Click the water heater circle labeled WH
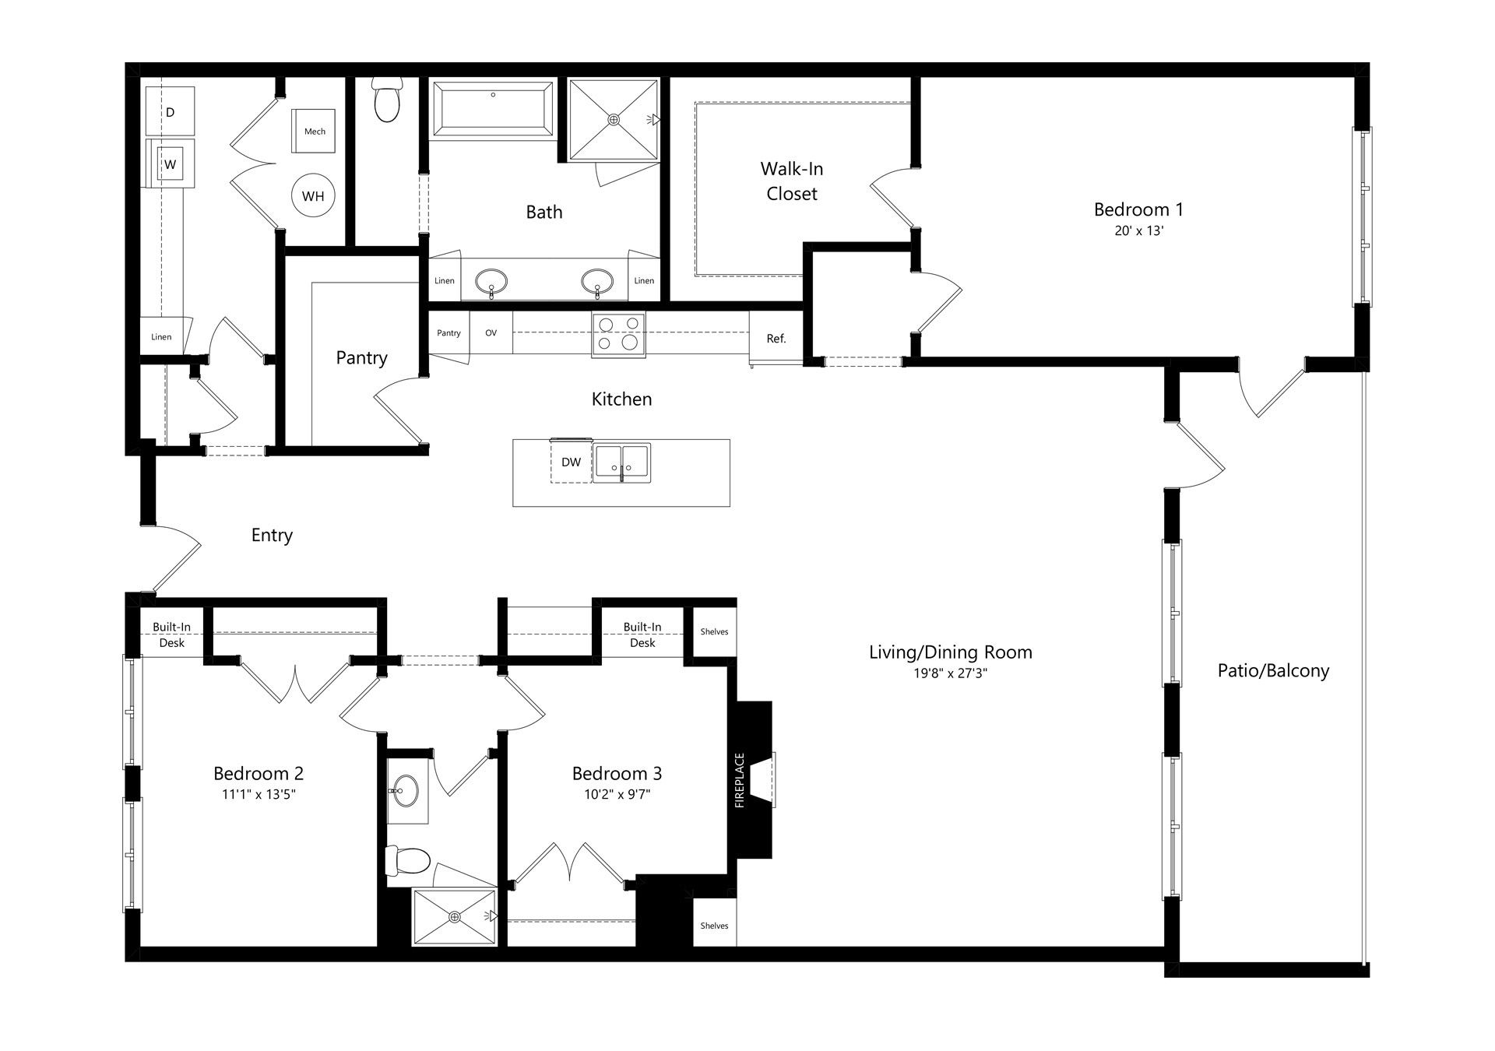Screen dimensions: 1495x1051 click(313, 196)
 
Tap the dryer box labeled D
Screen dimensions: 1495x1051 click(170, 111)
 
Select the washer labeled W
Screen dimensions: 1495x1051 click(170, 163)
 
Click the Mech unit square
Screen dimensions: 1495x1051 click(315, 131)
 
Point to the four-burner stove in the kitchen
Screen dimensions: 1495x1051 click(618, 334)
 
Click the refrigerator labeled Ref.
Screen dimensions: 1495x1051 click(776, 338)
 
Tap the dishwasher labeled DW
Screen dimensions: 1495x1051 click(571, 462)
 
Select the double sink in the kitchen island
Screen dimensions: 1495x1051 click(621, 462)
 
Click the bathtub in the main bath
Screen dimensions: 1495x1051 click(492, 110)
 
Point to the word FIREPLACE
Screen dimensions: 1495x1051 click(740, 780)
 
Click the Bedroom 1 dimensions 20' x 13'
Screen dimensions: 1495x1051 click(1138, 231)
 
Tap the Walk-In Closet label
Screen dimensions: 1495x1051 click(792, 181)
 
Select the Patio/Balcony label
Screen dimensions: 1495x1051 click(1273, 671)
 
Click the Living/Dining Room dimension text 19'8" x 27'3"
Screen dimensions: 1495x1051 click(951, 673)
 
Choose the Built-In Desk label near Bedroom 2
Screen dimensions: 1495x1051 click(171, 634)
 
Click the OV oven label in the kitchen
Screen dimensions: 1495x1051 click(491, 332)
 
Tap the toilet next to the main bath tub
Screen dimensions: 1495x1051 click(386, 100)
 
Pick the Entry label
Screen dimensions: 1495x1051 click(272, 536)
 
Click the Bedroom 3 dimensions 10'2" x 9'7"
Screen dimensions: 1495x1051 click(617, 795)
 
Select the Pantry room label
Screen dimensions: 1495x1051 click(361, 358)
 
